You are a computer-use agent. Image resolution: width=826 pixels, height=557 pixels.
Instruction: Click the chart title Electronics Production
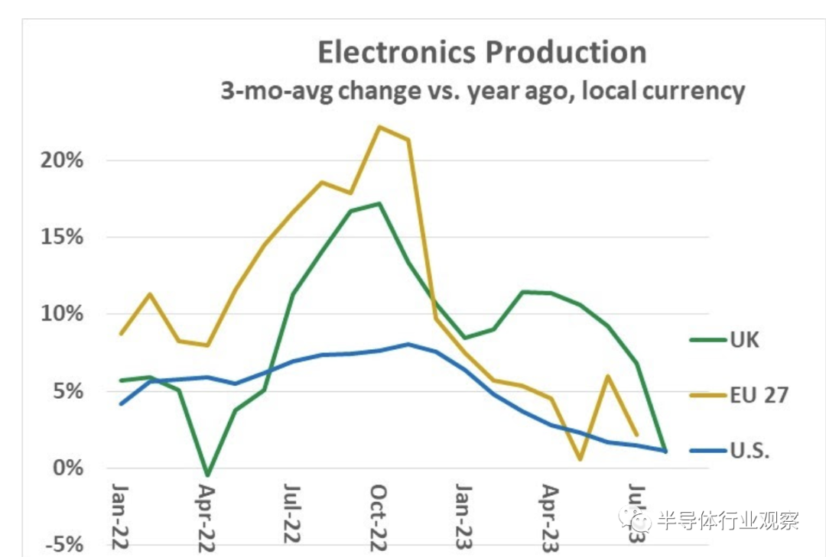(482, 53)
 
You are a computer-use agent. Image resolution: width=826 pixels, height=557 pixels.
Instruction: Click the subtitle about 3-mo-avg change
(482, 91)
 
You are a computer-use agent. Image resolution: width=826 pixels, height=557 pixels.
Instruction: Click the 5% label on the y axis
(67, 391)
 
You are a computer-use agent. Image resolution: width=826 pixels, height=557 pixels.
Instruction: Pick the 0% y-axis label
(67, 468)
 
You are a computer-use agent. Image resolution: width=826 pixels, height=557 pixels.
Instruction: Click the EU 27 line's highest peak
(379, 127)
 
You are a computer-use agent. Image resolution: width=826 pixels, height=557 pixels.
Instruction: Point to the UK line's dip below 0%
(207, 474)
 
